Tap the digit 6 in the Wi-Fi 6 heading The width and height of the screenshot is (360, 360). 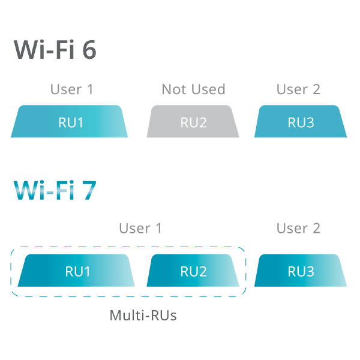coord(89,50)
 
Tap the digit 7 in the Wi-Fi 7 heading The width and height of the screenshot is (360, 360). coord(89,190)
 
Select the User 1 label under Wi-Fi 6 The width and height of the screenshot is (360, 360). coord(71,89)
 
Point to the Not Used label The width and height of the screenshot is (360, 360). coord(193,89)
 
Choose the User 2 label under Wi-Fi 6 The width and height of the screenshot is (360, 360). coord(298,89)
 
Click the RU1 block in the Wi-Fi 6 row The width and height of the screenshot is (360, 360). coord(70,122)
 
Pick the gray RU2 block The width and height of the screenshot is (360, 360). coord(193,122)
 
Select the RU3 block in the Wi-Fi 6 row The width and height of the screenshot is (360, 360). coord(301,122)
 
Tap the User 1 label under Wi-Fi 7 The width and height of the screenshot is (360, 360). coord(140,228)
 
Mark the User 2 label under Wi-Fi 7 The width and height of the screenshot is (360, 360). coord(298,228)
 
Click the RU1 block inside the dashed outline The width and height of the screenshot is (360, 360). coord(77,271)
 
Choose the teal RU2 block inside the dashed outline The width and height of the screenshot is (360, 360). coord(193,271)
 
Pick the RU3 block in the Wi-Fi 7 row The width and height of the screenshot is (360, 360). coord(301,271)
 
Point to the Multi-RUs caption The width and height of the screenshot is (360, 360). coord(143,315)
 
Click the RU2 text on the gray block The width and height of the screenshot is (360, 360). coord(193,123)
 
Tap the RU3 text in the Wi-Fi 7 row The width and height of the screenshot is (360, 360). coord(301,271)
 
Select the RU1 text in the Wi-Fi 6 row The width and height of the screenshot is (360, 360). coord(71,123)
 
